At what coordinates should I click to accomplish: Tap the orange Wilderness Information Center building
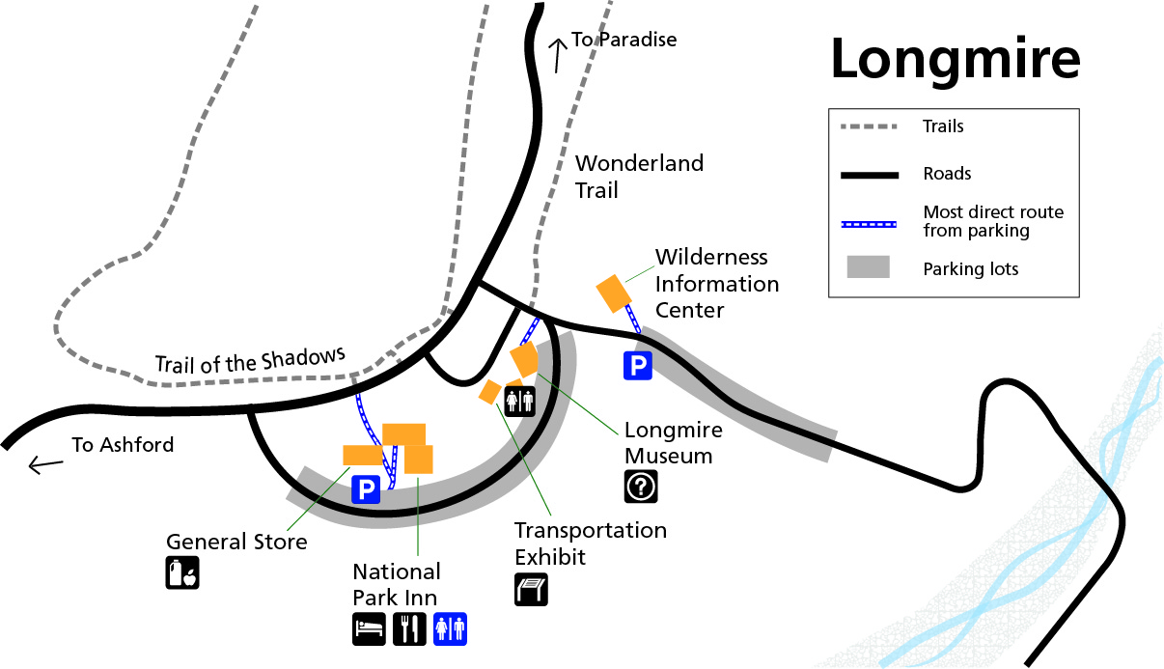[613, 293]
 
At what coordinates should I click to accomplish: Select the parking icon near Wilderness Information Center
[637, 366]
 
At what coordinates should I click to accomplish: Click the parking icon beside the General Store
[366, 490]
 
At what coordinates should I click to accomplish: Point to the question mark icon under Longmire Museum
[640, 487]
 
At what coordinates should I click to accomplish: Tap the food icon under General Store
[182, 572]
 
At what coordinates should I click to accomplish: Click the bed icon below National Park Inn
[369, 628]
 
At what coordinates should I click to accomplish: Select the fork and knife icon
[409, 628]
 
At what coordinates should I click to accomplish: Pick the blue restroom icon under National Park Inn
[450, 628]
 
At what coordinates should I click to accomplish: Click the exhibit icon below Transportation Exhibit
[531, 589]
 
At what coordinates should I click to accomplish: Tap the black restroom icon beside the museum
[519, 399]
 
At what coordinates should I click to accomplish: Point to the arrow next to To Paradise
[557, 55]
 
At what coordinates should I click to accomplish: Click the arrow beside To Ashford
[45, 465]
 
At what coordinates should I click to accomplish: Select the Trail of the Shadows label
[250, 361]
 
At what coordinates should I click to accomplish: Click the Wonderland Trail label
[639, 176]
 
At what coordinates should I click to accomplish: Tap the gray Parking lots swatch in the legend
[869, 268]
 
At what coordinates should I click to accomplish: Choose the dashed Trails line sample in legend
[869, 126]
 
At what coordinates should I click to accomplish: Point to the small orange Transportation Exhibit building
[490, 391]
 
